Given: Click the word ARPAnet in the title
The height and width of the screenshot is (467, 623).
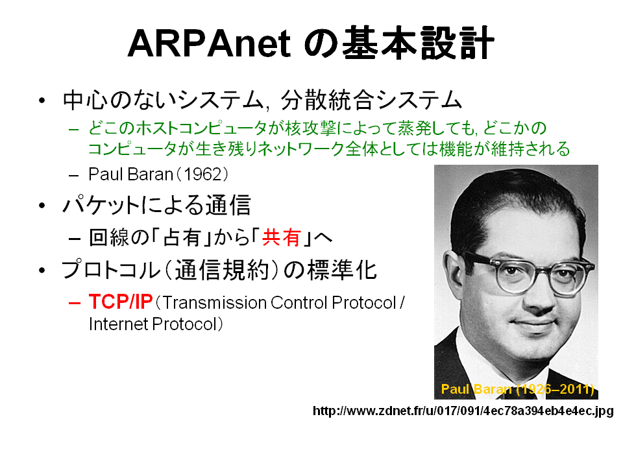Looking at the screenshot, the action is point(210,43).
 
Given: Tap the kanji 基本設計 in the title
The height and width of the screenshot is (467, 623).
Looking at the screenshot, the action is point(419,43).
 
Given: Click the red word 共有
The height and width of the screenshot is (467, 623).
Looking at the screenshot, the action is point(281,237).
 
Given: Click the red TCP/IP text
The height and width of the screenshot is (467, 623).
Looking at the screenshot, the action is point(121,302).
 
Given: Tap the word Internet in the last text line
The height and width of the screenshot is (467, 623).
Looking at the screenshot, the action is point(118,324).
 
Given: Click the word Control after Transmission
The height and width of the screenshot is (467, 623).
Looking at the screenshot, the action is point(299,303).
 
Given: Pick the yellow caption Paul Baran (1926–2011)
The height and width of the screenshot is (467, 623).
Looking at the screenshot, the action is point(518,389).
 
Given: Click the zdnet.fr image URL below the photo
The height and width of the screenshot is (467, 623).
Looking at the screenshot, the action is point(463,411).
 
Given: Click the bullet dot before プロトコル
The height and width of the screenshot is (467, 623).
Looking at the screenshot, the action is point(42,270).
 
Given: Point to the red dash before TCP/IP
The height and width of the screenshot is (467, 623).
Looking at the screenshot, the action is point(74,303).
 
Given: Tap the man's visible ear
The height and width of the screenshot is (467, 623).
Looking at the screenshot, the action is point(456,277).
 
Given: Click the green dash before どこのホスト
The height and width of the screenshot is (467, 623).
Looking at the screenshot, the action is point(74,129).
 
